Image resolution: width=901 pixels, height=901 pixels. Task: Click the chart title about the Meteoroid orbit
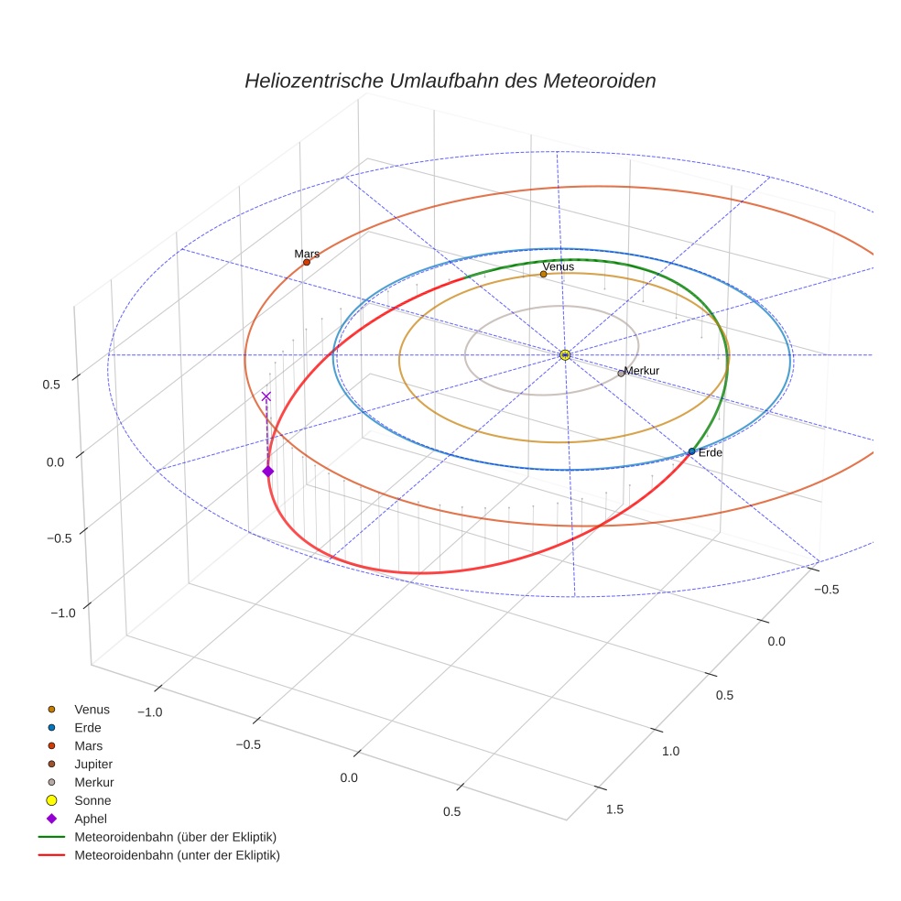click(450, 81)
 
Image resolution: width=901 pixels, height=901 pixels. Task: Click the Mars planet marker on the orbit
click(306, 262)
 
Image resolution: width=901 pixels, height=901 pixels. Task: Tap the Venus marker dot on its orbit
click(543, 274)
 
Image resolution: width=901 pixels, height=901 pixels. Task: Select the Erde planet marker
click(691, 451)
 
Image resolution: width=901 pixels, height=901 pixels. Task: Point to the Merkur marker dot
click(621, 373)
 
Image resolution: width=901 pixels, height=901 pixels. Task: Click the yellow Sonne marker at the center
click(565, 354)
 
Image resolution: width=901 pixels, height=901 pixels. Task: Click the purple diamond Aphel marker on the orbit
click(267, 471)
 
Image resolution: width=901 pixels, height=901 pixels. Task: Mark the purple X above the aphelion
click(266, 396)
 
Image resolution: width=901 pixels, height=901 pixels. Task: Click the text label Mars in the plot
click(307, 253)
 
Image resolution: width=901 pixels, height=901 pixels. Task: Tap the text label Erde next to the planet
click(711, 452)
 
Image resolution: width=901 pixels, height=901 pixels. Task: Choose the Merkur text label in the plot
click(642, 370)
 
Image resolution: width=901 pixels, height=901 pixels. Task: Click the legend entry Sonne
click(92, 800)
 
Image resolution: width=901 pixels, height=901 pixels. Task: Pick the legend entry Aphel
click(92, 819)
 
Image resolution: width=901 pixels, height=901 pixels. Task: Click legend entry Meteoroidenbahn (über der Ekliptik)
click(175, 837)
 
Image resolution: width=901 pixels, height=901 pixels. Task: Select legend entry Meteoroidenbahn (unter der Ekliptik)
click(177, 855)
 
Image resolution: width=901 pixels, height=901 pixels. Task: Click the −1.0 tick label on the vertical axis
click(62, 613)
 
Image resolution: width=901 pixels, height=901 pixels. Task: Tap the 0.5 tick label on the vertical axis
click(51, 385)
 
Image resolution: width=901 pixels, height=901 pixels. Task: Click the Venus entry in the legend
click(92, 709)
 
